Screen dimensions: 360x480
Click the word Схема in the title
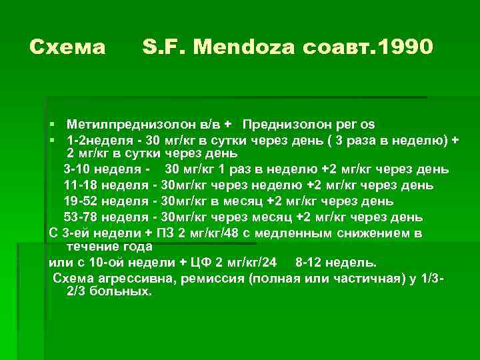(68, 47)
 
